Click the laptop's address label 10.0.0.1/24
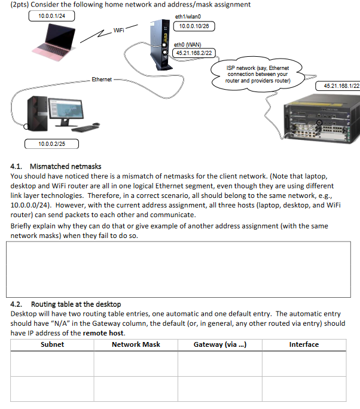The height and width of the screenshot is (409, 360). point(51,16)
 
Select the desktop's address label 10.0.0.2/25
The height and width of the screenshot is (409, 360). point(51,144)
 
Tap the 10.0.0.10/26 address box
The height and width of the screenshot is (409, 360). point(193,26)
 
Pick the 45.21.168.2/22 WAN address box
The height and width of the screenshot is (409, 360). point(193,53)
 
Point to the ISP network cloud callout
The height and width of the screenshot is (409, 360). point(258,75)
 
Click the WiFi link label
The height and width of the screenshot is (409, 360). point(120,30)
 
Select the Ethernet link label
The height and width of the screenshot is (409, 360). point(102,80)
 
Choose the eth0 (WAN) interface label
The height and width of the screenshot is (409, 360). point(188,44)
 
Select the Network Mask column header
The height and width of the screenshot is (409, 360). point(136,344)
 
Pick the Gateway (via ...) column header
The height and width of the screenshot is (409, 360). point(219,344)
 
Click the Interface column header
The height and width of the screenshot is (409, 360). point(304,344)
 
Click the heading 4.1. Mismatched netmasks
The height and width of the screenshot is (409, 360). point(57,166)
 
